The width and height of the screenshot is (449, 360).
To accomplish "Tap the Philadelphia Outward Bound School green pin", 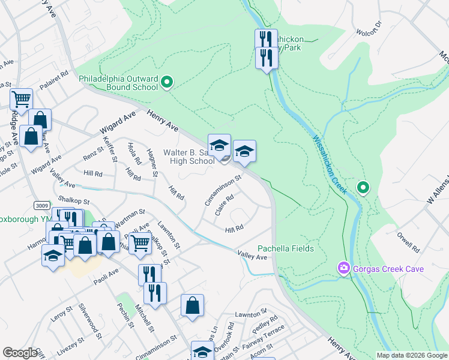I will pyautogui.click(x=167, y=82).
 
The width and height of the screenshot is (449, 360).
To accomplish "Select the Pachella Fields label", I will pyautogui.click(x=286, y=248).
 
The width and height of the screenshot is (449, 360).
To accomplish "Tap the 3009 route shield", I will pyautogui.click(x=41, y=205).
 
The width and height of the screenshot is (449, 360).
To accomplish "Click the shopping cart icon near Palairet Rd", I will pyautogui.click(x=21, y=98).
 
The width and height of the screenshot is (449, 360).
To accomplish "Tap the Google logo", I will pyautogui.click(x=20, y=353).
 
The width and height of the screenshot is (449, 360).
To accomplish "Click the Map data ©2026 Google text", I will pyautogui.click(x=412, y=355).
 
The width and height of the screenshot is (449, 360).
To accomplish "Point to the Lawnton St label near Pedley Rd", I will pyautogui.click(x=250, y=314).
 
